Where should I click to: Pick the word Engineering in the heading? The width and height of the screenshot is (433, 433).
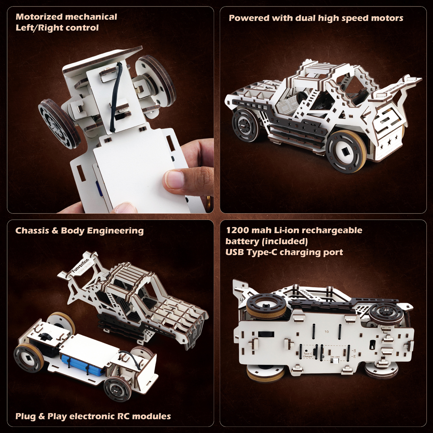[x=115, y=231]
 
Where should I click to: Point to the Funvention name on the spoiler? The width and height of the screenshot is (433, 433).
[x=80, y=266]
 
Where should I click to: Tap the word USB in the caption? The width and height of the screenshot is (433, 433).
[x=235, y=252]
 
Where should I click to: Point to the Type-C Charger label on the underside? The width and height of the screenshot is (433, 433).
[x=307, y=355]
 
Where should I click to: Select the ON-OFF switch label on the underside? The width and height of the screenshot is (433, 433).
[x=335, y=357]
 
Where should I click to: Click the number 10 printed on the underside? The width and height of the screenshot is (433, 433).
[x=327, y=332]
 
